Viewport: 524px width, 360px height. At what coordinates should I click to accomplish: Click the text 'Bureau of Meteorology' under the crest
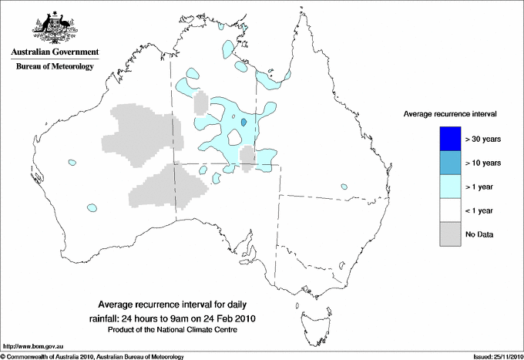click(x=54, y=67)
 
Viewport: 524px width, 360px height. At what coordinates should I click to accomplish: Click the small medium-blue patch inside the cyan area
click(x=244, y=121)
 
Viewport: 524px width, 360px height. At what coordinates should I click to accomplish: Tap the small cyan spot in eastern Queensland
click(x=342, y=185)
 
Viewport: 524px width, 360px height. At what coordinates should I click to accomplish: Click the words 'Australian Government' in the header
click(x=54, y=52)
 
